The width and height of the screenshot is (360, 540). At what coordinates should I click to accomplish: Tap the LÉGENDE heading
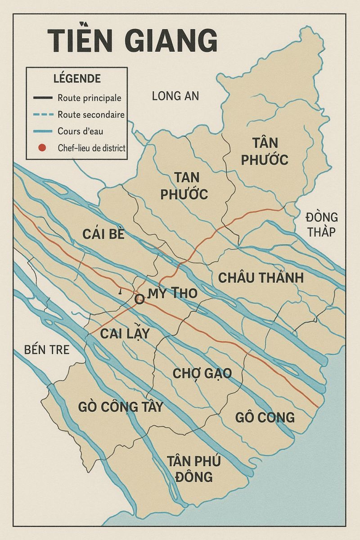coord(77,79)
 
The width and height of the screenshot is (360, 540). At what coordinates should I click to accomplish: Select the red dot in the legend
coord(42,148)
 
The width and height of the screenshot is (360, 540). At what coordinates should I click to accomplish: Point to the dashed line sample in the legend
coord(43,115)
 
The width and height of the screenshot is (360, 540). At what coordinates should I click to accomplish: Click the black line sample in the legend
coord(43,98)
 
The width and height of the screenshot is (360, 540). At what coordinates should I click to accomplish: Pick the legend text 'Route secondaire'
coord(91,115)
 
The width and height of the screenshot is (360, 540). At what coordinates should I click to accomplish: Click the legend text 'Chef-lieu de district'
coord(91,148)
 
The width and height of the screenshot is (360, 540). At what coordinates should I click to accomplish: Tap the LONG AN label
coord(175,96)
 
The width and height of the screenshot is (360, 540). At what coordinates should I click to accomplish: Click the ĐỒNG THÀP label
coord(321,224)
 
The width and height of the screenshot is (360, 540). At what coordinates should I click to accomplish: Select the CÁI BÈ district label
coord(103,234)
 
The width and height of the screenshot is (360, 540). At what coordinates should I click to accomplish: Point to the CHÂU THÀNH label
coord(261,278)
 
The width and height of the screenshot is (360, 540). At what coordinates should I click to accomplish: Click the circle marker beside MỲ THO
coord(140,299)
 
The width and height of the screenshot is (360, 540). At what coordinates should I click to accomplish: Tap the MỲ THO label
coord(172,293)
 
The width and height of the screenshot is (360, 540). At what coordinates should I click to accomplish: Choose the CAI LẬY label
coord(124,334)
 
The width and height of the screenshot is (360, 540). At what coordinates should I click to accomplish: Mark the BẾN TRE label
coord(47,349)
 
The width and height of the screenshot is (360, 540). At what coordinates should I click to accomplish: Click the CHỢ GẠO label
coord(202,373)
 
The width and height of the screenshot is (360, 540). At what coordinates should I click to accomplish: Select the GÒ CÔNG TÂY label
coord(120,406)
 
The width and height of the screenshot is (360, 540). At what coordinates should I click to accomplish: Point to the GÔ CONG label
coord(265,417)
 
